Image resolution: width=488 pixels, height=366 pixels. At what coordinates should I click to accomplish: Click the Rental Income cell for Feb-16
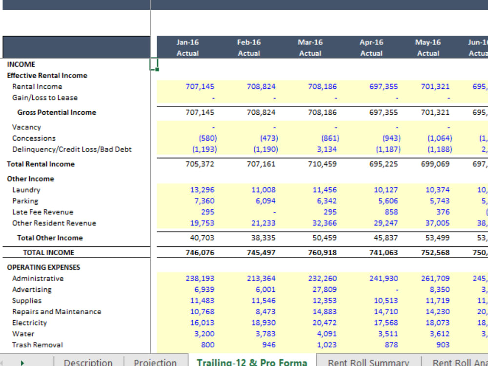(261, 86)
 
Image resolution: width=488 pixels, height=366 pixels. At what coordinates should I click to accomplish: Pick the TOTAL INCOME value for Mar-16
(322, 252)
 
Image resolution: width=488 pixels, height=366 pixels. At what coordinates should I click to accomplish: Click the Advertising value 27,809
(324, 289)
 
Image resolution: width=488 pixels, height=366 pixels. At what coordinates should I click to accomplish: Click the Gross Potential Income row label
(57, 112)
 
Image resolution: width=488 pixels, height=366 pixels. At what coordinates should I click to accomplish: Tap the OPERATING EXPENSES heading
(43, 267)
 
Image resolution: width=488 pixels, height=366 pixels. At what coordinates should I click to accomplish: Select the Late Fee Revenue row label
(42, 212)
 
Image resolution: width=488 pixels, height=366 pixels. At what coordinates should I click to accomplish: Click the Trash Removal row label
(38, 345)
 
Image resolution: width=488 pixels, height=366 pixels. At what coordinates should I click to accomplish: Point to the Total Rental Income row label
(41, 164)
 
